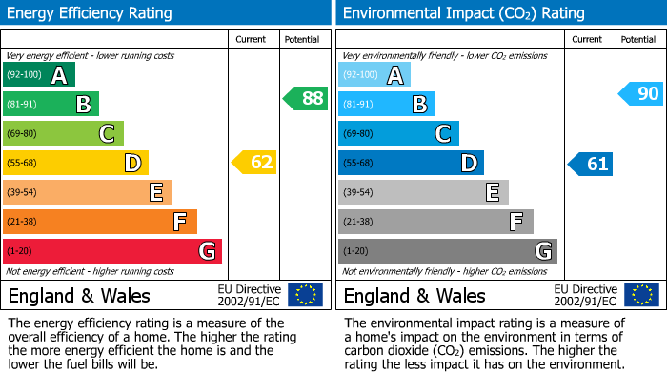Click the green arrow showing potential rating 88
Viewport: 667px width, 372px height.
pos(305,98)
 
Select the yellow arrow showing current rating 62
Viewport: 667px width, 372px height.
pos(254,163)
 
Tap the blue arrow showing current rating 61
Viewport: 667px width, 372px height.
pos(590,164)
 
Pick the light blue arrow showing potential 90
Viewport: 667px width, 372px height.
pos(640,93)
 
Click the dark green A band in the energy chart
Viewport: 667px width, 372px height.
pos(39,75)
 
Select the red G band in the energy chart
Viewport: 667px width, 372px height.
pos(112,251)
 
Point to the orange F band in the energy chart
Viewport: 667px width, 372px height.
pos(100,222)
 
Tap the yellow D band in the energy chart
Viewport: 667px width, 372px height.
pos(75,164)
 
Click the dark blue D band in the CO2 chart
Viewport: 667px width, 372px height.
pos(411,164)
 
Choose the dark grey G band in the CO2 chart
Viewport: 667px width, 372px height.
pos(448,251)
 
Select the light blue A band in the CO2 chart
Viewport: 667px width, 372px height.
pos(374,75)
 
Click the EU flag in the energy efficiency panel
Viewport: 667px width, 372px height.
pos(305,295)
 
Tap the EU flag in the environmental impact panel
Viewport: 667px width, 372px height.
pos(640,295)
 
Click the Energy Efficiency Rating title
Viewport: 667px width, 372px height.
pos(91,13)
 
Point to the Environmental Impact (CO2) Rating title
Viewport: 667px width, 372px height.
pos(463,13)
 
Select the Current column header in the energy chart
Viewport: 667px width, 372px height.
pos(253,39)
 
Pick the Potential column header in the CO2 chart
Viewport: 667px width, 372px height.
pos(637,39)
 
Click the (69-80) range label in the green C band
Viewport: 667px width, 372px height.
pos(23,134)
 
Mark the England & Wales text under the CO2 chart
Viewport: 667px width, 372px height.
pos(414,295)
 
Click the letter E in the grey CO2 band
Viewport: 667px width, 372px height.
pos(492,193)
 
